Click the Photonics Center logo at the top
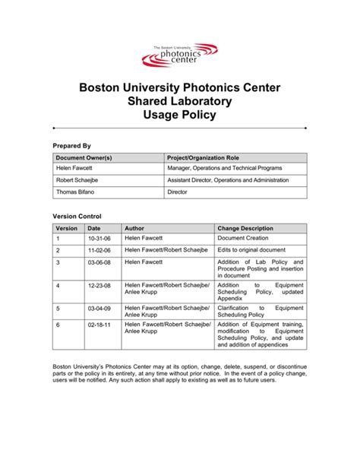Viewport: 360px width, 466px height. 180,54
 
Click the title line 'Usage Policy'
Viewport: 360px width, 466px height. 180,115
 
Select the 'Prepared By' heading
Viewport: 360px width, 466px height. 71,145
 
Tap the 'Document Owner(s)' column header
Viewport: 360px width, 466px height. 84,157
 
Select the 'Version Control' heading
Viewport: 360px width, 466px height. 77,217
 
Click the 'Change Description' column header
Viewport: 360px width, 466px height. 245,228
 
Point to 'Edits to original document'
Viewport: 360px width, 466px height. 251,249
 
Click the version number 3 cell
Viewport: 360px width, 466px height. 58,262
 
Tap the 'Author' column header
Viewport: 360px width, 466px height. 134,228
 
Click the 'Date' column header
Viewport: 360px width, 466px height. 94,228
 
